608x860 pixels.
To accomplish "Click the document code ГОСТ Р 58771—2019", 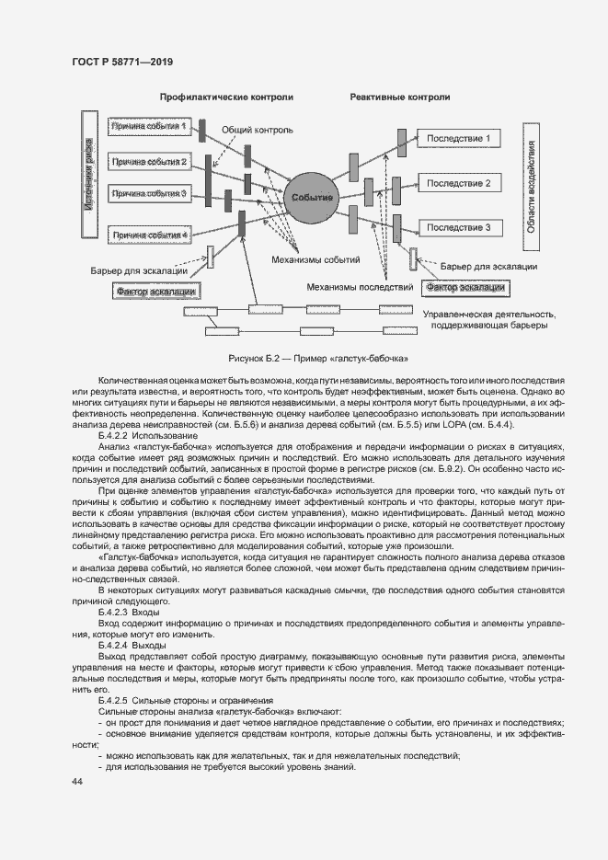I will (x=122, y=62).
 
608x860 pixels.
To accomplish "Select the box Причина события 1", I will (x=149, y=126).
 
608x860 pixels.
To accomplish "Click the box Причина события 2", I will (x=149, y=162).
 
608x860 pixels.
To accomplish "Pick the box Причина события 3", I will (x=149, y=193).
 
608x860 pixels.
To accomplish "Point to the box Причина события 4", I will (x=149, y=235).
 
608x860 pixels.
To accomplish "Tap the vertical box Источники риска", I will (x=89, y=175).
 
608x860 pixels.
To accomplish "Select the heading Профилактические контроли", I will (x=226, y=97).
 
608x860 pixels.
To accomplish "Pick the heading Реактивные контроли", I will (x=400, y=97).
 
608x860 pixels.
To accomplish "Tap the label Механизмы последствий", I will (x=359, y=287).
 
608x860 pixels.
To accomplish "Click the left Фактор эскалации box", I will (x=157, y=291).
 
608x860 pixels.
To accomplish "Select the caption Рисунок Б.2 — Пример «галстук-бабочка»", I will (x=304, y=357).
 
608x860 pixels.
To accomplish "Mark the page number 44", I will (x=76, y=781).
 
